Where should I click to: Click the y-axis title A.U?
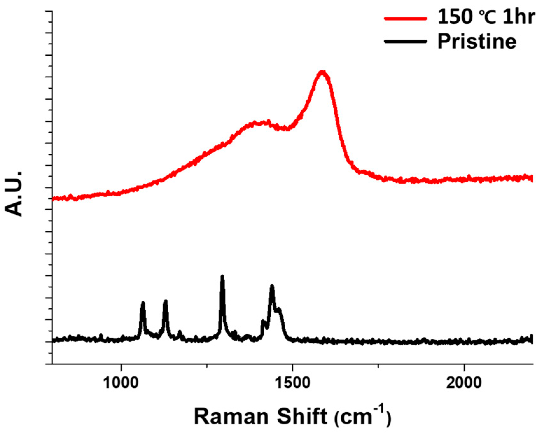pos(14,194)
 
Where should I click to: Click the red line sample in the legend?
pos(405,18)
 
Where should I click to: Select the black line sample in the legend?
pos(405,41)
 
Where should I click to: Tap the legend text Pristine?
pos(477,41)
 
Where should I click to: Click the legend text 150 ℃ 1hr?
pos(486,17)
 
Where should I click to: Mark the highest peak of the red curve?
pos(322,72)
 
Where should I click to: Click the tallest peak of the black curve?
pos(222,276)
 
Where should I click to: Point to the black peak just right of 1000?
pos(143,303)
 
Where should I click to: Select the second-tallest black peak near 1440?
pos(272,286)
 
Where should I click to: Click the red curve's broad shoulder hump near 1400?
pos(258,123)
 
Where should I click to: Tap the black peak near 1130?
pos(165,301)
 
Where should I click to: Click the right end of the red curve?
pos(532,178)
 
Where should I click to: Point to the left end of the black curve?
pos(53,340)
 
